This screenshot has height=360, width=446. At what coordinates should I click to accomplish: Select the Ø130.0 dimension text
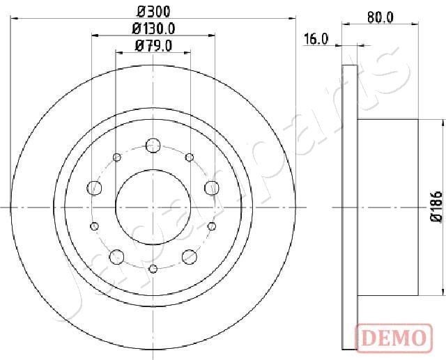154,29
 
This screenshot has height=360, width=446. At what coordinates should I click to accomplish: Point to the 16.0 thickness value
316,40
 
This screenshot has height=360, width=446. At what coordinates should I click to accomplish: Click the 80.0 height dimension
380,18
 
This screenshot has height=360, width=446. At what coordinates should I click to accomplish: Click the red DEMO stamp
393,338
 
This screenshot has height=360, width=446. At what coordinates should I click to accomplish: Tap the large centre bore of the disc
153,207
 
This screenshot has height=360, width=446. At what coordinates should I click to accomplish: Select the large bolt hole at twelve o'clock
153,146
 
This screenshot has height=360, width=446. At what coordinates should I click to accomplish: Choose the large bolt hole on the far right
211,187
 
